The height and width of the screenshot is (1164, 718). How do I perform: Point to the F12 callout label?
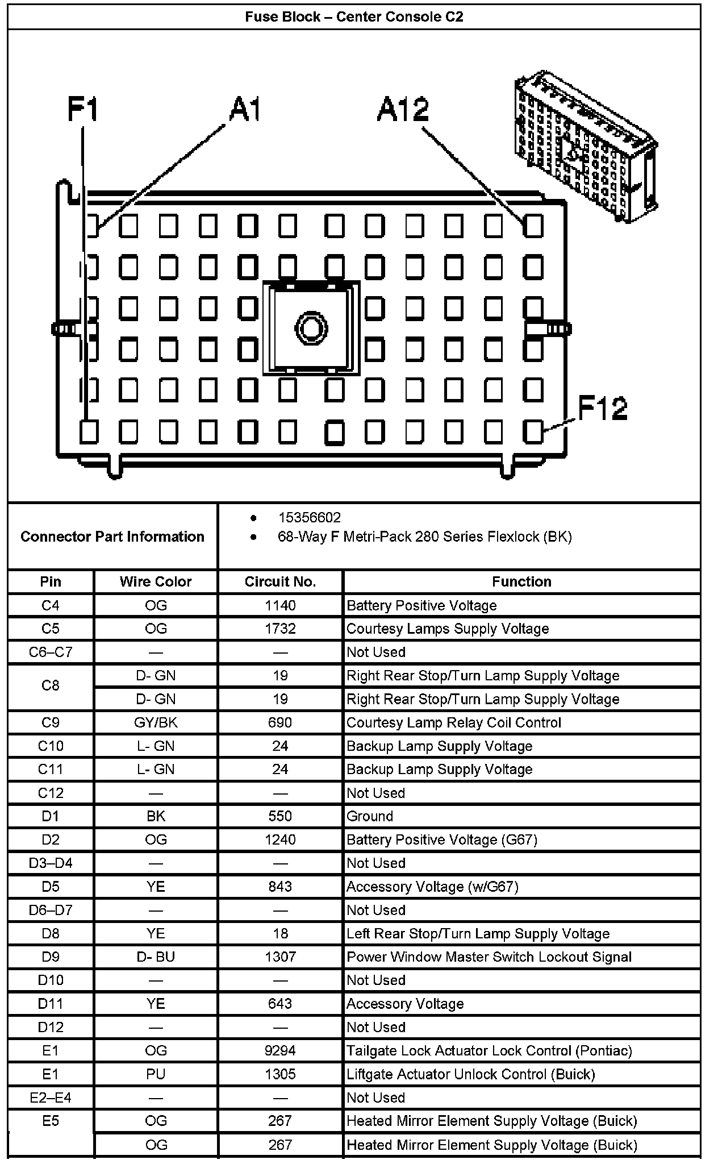pyautogui.click(x=603, y=408)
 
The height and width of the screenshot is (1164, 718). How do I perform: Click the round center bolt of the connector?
pyautogui.click(x=311, y=328)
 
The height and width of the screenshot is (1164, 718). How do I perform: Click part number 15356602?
pyautogui.click(x=309, y=518)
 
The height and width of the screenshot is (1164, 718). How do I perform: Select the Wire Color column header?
pyautogui.click(x=156, y=581)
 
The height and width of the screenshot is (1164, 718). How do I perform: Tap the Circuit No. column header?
pyautogui.click(x=280, y=581)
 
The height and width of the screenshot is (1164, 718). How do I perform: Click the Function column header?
pyautogui.click(x=521, y=581)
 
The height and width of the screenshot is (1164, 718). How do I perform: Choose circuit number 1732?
pyautogui.click(x=280, y=629)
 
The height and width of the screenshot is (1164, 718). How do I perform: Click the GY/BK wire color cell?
pyautogui.click(x=156, y=722)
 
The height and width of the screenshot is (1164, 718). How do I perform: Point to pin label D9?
pyautogui.click(x=51, y=957)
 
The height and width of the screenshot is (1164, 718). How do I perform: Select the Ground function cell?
pyautogui.click(x=370, y=816)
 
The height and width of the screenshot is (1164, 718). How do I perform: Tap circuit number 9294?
pyautogui.click(x=280, y=1050)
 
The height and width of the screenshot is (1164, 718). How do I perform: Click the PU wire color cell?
pyautogui.click(x=156, y=1074)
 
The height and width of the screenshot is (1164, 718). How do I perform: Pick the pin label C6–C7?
pyautogui.click(x=51, y=652)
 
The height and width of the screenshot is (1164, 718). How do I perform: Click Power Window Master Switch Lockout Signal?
pyautogui.click(x=489, y=957)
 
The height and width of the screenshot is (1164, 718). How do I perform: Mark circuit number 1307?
pyautogui.click(x=280, y=957)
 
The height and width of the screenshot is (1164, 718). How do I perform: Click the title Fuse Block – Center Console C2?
pyautogui.click(x=354, y=17)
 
